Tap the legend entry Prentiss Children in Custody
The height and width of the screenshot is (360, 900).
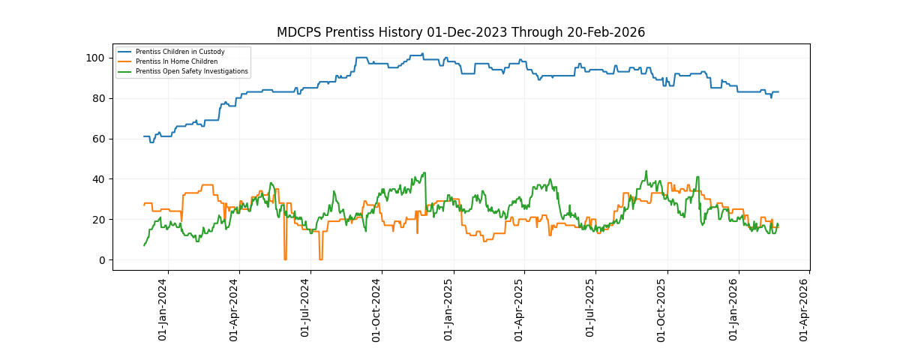point(180,52)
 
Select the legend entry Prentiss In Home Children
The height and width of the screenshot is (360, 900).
point(176,61)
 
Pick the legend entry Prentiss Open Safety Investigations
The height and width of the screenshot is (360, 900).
point(191,71)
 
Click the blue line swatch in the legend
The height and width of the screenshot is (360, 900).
point(124,52)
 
